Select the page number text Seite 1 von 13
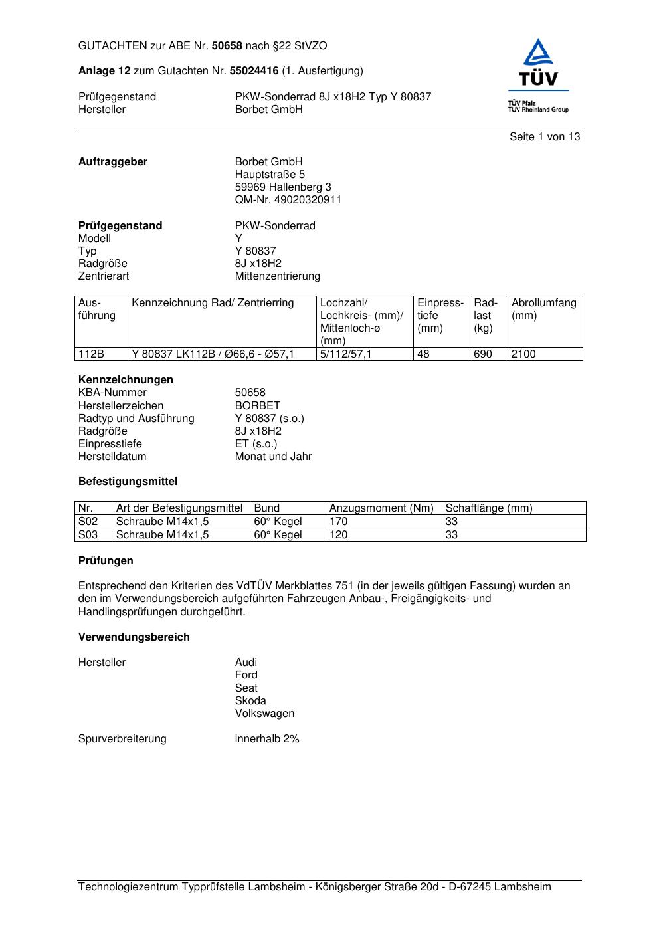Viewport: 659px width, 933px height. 544,137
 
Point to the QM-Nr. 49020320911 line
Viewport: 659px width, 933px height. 288,200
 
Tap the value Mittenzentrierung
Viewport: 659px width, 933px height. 277,276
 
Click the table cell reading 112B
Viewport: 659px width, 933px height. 91,354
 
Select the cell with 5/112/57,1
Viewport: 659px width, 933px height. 345,354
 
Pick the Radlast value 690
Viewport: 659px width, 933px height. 483,354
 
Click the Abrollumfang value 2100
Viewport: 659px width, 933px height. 523,354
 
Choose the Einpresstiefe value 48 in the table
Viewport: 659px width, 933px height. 423,354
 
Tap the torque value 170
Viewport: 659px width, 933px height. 339,522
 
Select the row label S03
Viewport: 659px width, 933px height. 88,535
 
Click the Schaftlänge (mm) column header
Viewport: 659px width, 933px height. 489,508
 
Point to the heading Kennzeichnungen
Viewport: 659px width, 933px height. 126,380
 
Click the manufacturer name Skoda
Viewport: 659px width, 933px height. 250,701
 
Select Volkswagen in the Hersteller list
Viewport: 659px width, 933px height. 264,714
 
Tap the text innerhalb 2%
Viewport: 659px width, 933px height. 267,739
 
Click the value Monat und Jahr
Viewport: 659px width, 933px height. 273,457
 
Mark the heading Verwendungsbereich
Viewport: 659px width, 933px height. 134,637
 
